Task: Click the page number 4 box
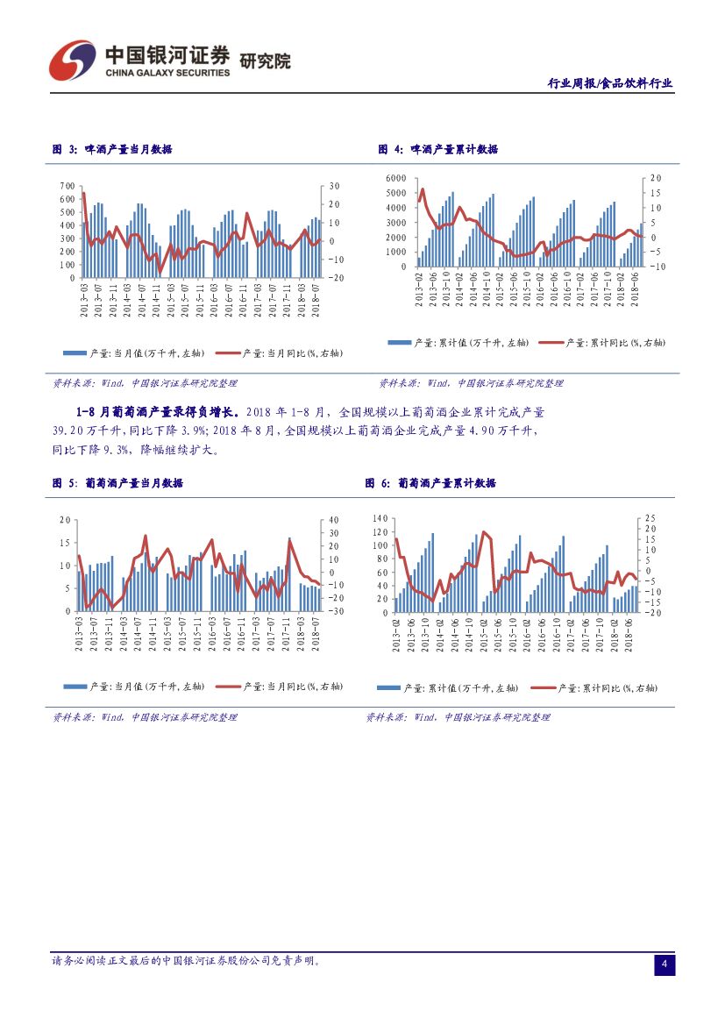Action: click(x=665, y=965)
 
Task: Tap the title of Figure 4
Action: click(x=437, y=150)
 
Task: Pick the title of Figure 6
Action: click(x=430, y=483)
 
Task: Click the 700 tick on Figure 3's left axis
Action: click(x=68, y=187)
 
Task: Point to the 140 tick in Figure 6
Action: click(x=379, y=518)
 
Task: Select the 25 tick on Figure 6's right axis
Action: click(x=650, y=518)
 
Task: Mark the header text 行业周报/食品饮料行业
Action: click(x=610, y=83)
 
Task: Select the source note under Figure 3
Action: click(x=145, y=383)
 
